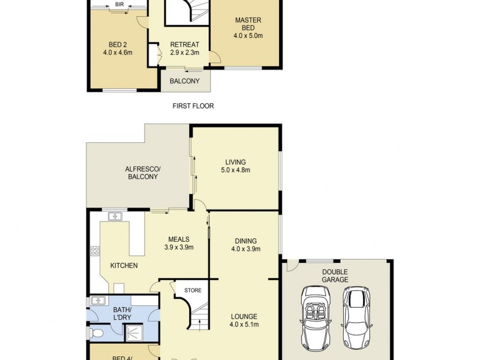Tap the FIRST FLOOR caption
click(193, 106)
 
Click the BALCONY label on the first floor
click(185, 81)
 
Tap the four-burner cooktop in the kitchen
click(94, 251)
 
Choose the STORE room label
click(193, 290)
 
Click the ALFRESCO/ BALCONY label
click(142, 173)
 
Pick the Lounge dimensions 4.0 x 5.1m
click(244, 325)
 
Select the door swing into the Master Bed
click(215, 58)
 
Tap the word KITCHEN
click(124, 265)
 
